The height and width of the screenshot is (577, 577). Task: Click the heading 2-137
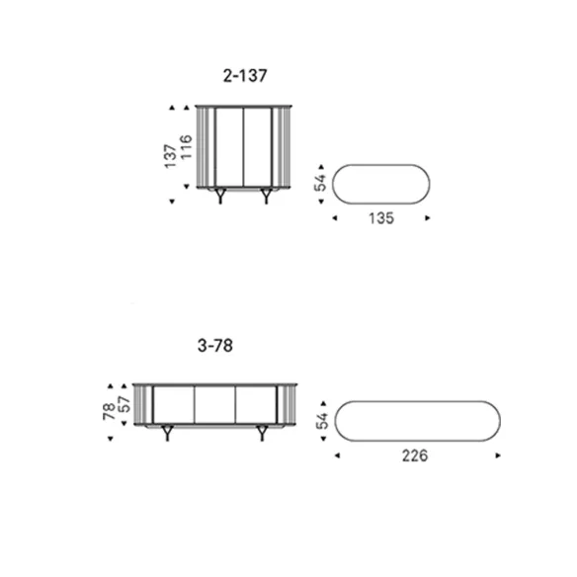click(245, 76)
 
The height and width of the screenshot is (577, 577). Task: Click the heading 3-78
click(215, 346)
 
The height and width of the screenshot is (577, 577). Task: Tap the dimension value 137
click(170, 156)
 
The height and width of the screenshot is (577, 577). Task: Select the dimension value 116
click(186, 147)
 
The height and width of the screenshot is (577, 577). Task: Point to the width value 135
click(381, 218)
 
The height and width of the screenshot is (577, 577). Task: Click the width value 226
click(415, 455)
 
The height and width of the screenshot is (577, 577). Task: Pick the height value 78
click(109, 412)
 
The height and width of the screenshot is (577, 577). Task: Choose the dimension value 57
click(125, 404)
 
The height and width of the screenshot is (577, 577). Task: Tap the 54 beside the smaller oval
click(320, 183)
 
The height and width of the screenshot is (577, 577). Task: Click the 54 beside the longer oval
click(322, 421)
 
